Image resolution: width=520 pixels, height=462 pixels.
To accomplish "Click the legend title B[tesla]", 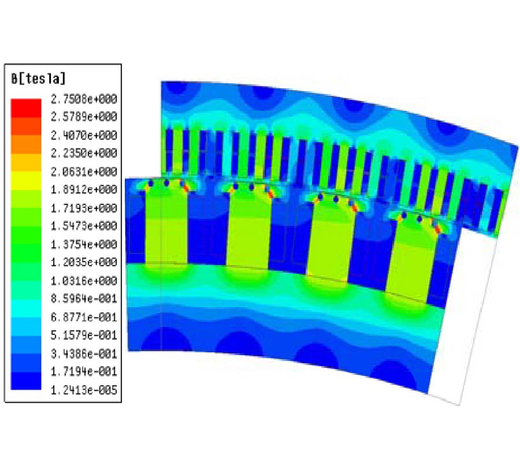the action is tap(39, 79).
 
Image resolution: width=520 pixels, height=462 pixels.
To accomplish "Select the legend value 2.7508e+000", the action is tap(84, 99).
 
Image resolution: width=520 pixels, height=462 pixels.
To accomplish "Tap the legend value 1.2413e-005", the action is tap(84, 390).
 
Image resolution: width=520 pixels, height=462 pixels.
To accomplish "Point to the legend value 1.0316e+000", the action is tap(84, 281).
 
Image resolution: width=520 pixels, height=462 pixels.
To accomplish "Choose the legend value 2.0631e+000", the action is tap(84, 172).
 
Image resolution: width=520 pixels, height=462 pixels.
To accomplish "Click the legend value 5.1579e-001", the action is tap(84, 336).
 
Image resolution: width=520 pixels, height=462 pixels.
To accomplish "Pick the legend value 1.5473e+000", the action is tap(84, 226).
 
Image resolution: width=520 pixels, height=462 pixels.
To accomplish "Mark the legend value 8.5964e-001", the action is tap(84, 299).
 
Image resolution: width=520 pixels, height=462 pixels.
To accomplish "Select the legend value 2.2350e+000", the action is tap(84, 153).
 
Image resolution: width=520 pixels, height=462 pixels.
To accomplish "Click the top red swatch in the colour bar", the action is tap(26, 108).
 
